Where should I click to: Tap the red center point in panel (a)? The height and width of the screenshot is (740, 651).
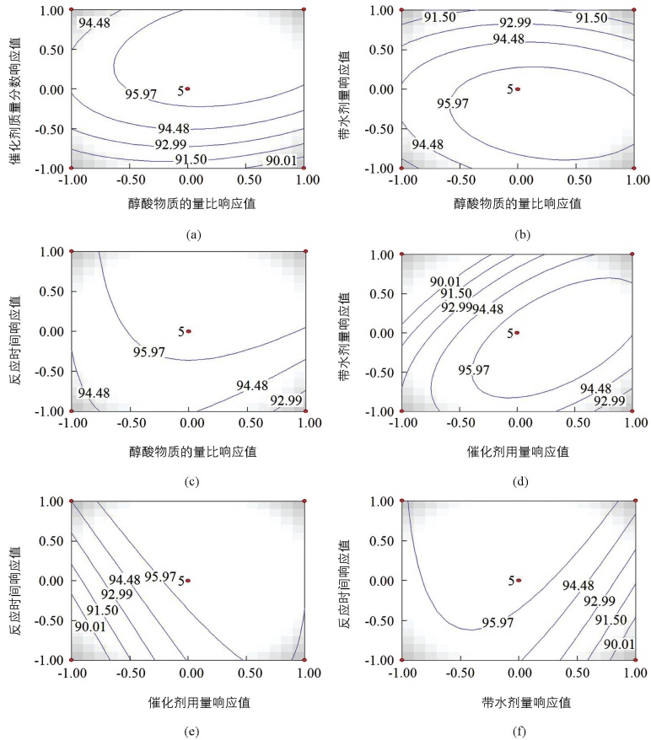pos(188,88)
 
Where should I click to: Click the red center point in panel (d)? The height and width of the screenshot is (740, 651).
pos(517,332)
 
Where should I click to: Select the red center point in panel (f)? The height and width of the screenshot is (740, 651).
pos(519,580)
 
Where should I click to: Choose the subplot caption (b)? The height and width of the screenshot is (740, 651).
pos(518,234)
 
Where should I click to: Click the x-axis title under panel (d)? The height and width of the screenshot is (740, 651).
pos(518,452)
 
